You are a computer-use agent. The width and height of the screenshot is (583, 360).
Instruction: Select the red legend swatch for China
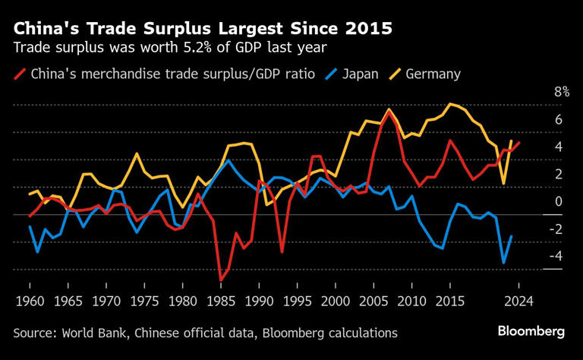tap(20, 74)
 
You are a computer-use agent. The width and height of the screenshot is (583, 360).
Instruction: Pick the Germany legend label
tap(433, 74)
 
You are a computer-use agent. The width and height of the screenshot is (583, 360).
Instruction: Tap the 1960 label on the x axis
tap(30, 302)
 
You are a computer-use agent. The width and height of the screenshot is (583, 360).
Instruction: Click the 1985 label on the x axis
tap(221, 302)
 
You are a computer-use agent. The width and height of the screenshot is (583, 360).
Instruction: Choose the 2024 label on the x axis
tap(518, 302)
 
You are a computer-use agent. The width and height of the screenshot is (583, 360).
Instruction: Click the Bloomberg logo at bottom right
tap(531, 331)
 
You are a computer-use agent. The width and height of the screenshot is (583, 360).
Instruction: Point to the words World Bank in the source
tap(90, 333)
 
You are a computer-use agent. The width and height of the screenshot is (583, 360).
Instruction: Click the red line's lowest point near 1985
tap(221, 280)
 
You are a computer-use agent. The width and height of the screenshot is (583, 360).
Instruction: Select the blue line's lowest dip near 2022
tap(503, 263)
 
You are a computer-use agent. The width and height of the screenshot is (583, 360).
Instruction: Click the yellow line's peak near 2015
tap(451, 104)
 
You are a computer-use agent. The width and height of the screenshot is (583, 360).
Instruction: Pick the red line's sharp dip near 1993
tap(282, 251)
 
